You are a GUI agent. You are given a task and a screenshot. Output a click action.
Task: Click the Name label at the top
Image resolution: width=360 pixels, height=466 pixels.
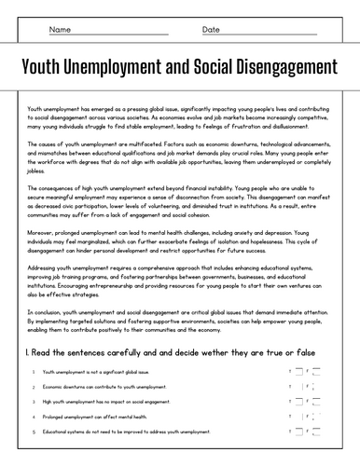60,30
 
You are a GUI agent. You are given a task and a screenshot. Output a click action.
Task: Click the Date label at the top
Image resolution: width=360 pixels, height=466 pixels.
211,30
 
